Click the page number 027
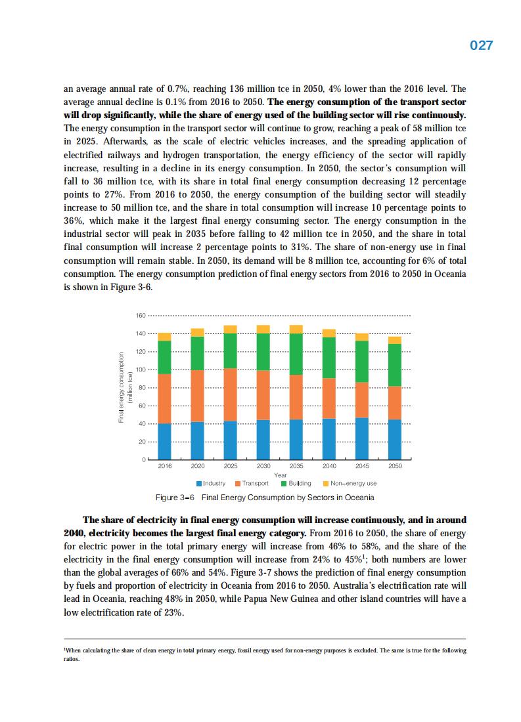click(x=482, y=45)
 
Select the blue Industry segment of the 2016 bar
click(x=164, y=441)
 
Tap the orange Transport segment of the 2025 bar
click(x=230, y=394)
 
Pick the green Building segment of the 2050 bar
click(x=395, y=365)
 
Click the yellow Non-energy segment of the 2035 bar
click(x=296, y=329)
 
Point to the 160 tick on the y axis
click(x=140, y=316)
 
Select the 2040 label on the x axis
click(x=329, y=466)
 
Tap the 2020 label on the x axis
click(x=197, y=466)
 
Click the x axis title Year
click(x=281, y=475)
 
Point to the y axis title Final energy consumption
click(x=122, y=388)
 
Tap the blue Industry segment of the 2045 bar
click(x=362, y=438)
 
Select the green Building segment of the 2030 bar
click(x=263, y=352)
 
